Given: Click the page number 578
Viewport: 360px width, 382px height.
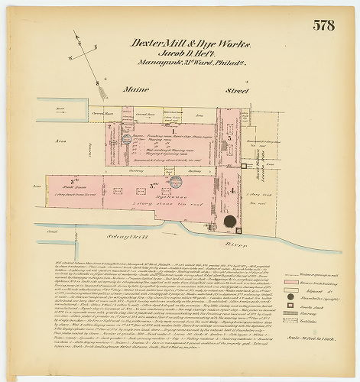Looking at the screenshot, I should [323, 25].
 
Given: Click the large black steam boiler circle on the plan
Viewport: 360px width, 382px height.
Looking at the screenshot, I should [229, 222].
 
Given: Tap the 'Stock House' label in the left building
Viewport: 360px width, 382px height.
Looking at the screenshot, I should [72, 185].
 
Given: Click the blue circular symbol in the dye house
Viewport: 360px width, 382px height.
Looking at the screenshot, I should [175, 181].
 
